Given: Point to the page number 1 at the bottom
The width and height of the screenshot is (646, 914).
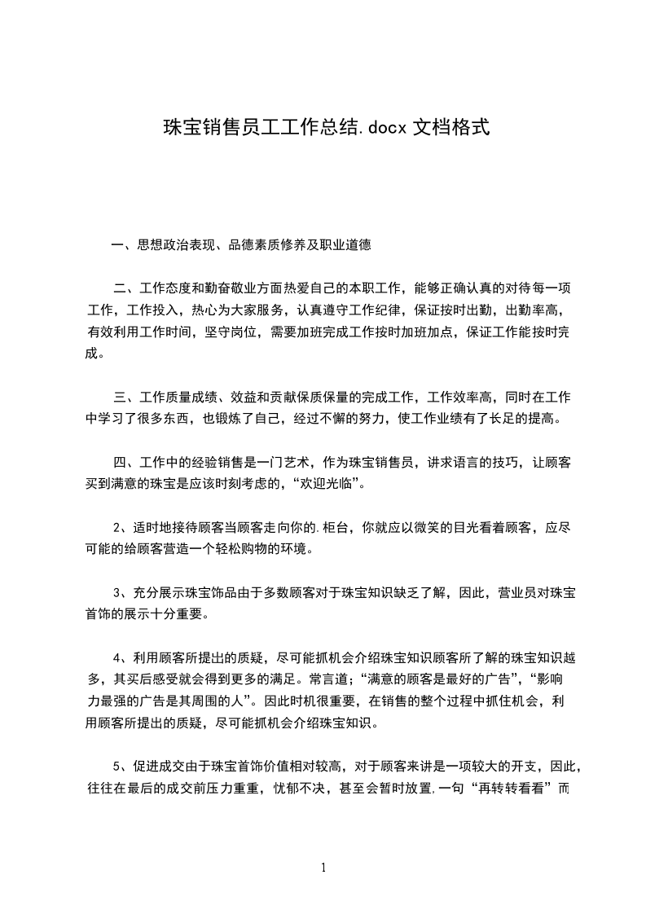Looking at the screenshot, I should point(323,868).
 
